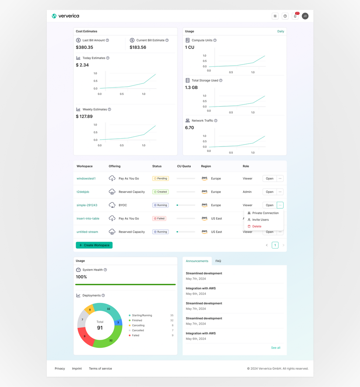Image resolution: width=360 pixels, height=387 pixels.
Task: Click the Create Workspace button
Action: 94,245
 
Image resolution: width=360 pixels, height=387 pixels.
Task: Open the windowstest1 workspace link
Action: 86,179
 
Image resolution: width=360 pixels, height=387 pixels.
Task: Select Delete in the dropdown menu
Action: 257,226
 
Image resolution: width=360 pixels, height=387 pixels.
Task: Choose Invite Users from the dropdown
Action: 260,220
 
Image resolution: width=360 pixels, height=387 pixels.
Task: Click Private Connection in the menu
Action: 265,213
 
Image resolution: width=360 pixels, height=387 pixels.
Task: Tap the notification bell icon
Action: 295,16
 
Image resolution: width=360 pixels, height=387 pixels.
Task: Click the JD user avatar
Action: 305,16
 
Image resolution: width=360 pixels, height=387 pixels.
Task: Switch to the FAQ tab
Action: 218,261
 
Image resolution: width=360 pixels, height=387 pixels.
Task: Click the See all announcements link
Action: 276,348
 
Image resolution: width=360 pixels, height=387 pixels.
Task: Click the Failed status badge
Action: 159,218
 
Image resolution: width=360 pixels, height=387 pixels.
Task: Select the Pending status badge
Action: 160,179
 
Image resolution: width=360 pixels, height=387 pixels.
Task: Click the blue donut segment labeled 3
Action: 118,322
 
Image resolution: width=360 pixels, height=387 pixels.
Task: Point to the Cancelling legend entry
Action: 138,325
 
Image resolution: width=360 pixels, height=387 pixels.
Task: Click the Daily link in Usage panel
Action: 281,31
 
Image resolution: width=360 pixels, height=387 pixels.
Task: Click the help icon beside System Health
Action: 105,270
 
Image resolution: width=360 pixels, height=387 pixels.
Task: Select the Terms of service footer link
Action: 100,369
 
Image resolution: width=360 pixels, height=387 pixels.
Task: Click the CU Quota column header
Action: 184,166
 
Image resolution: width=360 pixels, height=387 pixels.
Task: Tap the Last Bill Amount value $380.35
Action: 84,47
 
